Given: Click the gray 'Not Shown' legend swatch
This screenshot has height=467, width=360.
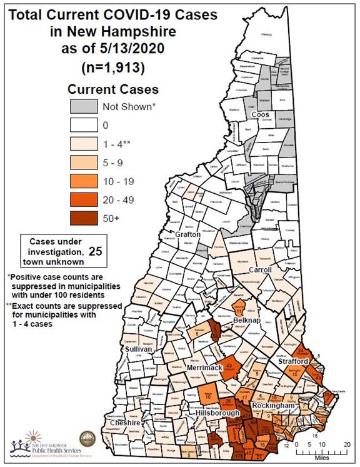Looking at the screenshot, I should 82,106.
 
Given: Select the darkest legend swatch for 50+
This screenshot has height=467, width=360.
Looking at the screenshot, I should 82,219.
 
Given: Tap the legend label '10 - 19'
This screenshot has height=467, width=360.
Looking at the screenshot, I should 119,181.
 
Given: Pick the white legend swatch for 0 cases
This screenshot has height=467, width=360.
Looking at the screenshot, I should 82,125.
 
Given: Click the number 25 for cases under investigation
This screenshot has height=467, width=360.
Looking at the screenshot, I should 96,251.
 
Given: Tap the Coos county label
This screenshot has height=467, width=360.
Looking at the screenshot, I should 259,115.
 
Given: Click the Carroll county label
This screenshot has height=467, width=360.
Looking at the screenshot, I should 260,270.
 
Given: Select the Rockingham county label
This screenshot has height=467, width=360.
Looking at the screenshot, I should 273,406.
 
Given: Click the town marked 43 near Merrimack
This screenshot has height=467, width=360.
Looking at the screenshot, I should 229,367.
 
